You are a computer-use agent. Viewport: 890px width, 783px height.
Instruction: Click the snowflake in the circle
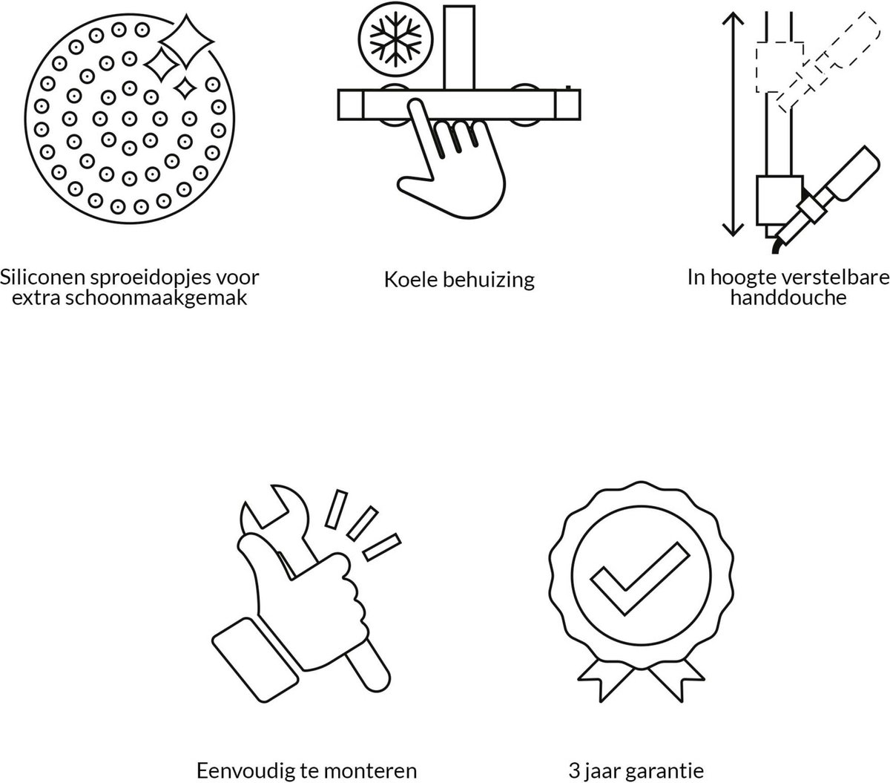coord(395,39)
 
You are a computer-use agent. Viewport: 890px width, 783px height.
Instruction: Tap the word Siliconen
coord(42,277)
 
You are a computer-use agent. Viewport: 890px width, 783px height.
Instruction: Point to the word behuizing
coord(488,281)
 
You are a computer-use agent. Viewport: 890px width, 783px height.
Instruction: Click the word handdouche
coord(788,298)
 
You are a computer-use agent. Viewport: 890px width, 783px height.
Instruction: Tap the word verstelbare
coord(836,277)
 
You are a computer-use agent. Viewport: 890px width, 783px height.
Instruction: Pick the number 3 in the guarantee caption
coord(575,771)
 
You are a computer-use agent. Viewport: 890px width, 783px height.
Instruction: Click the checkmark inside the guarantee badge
coord(639,578)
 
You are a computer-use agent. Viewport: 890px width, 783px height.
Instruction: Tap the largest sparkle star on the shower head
coord(186,42)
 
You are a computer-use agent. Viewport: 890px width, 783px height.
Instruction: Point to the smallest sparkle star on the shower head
coord(185,88)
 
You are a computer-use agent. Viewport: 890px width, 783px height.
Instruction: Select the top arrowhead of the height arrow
coord(733,19)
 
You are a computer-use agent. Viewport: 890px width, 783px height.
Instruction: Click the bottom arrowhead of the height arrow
coord(733,229)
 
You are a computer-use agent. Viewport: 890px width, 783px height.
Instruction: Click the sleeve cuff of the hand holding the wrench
coord(255,660)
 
